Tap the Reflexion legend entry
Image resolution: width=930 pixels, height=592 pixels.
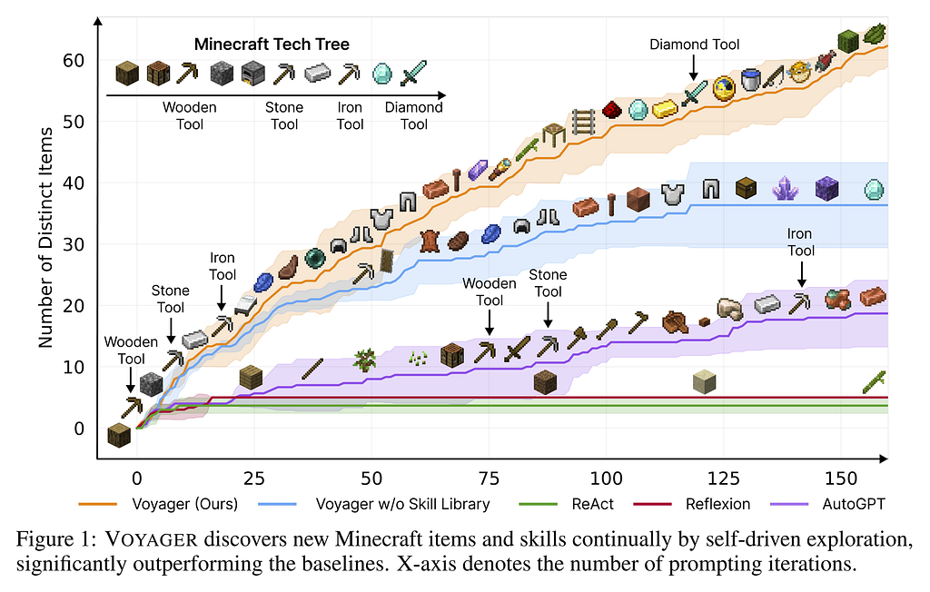(x=717, y=503)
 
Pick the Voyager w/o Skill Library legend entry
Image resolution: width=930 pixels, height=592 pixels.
(x=402, y=503)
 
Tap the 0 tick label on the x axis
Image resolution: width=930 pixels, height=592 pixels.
(x=136, y=478)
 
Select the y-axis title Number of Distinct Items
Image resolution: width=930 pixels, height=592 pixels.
(x=47, y=236)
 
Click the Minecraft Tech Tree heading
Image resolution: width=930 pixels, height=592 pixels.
(x=272, y=44)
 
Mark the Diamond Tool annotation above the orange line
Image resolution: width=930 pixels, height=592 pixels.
(x=695, y=44)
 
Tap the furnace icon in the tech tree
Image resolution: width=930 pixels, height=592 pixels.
(x=253, y=73)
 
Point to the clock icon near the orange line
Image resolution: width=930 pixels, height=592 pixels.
(x=724, y=87)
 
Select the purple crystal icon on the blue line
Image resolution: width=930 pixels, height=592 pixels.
(x=784, y=189)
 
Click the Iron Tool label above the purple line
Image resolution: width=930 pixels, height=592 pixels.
(x=800, y=243)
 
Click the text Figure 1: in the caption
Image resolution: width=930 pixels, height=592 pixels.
(x=50, y=539)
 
